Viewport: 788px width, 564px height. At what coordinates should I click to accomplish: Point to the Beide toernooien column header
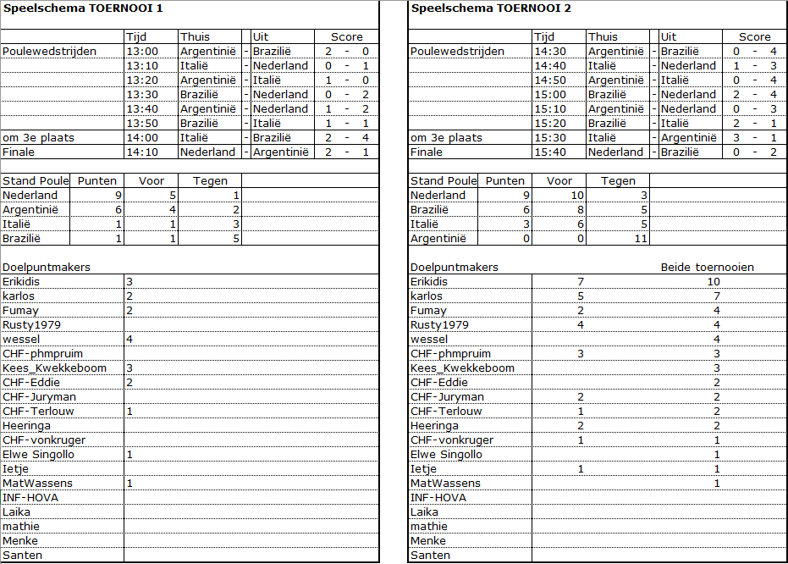click(707, 267)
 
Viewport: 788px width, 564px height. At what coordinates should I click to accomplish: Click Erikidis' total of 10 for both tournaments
click(714, 281)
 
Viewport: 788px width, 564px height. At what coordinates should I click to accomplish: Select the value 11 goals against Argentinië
click(640, 238)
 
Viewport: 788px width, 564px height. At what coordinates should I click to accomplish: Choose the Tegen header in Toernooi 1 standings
click(210, 180)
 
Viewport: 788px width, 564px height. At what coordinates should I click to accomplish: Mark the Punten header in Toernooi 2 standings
click(505, 180)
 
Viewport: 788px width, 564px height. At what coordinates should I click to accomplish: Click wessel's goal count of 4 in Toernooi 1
click(129, 339)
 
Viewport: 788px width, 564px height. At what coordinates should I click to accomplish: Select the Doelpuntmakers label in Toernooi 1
click(47, 267)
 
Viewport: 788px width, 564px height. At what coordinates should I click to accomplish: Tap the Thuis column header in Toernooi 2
click(603, 36)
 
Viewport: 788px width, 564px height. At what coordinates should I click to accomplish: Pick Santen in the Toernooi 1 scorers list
click(22, 555)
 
